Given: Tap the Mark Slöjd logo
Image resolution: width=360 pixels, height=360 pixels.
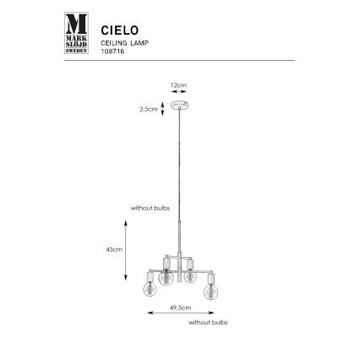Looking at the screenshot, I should point(77,33).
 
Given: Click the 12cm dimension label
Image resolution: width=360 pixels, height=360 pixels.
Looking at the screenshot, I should point(178,85).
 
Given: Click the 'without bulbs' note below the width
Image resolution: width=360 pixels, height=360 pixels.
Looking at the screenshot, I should point(206,323).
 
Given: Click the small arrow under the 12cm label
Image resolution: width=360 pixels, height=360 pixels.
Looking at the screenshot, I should point(178,92).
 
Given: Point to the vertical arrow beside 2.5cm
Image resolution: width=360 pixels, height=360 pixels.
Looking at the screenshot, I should point(161,109).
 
